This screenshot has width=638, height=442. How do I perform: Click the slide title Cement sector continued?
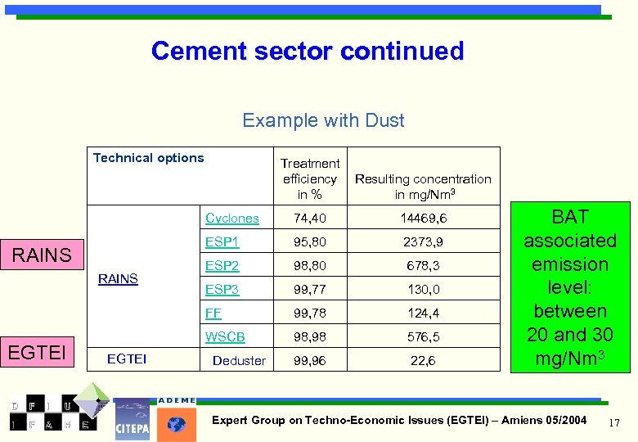(308, 51)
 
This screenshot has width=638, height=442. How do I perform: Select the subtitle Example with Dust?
(323, 120)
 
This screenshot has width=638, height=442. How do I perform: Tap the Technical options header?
(148, 158)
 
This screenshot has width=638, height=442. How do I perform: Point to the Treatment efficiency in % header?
(310, 178)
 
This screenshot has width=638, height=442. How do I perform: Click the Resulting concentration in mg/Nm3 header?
(423, 186)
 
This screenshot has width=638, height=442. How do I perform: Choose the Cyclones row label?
(232, 219)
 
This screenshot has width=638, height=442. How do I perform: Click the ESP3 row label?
(222, 289)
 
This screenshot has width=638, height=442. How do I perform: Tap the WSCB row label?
(225, 336)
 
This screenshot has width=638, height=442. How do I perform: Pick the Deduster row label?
(239, 360)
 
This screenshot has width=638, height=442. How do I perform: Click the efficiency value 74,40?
(310, 219)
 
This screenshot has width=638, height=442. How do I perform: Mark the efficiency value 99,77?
(310, 289)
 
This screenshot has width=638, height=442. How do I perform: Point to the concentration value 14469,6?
(423, 219)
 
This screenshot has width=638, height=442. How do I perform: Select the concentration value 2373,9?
(423, 242)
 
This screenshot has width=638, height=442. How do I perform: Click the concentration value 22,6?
(423, 360)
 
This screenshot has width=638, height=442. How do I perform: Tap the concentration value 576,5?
(423, 336)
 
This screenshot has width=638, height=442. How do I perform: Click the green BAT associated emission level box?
(570, 287)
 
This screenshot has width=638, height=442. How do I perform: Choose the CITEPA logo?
(133, 419)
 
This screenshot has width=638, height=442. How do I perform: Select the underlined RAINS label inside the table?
(118, 279)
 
